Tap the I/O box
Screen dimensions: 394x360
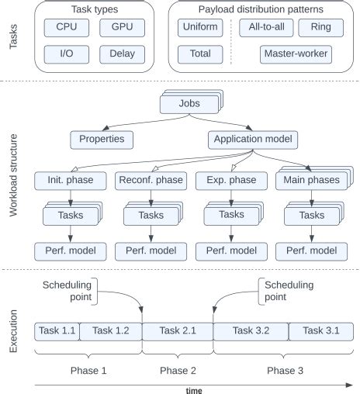pos(67,55)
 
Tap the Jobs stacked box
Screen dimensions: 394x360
pos(189,103)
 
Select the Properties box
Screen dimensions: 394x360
pos(102,140)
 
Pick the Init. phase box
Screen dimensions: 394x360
pos(70,181)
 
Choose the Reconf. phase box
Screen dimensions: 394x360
pos(151,181)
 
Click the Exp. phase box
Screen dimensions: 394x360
pos(230,181)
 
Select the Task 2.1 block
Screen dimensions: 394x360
pos(178,331)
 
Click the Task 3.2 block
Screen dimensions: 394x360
pos(251,331)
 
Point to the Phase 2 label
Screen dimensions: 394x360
pos(178,370)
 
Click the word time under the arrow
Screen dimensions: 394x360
pos(194,389)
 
